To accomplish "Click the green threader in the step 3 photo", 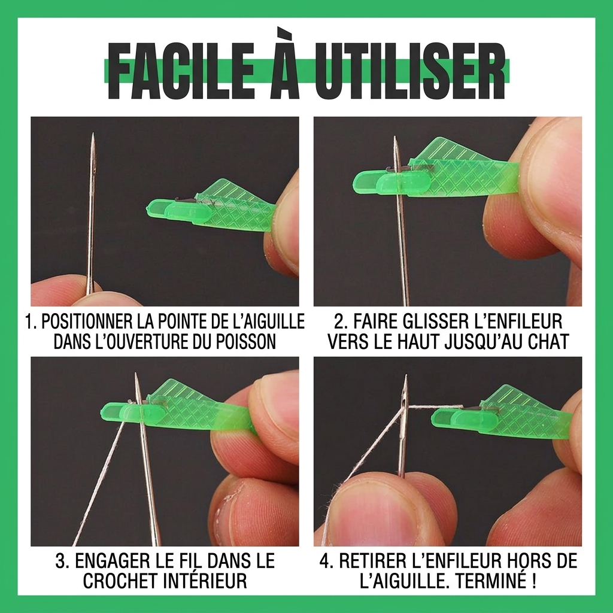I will (x=180, y=407).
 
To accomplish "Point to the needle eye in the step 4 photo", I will (x=404, y=395).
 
